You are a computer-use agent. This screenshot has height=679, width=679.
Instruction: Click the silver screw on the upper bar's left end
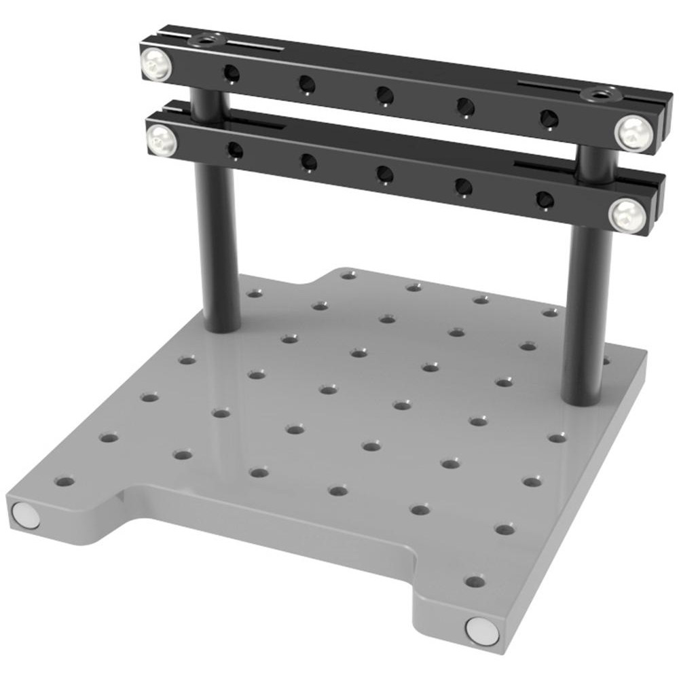point(156,66)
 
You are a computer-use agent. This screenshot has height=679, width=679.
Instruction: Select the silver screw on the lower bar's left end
point(162,140)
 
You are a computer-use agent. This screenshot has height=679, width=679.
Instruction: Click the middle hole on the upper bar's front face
point(385,95)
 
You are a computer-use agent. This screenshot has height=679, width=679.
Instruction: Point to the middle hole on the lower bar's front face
point(385,175)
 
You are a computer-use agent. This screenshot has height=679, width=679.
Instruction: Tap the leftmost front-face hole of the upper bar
point(232,71)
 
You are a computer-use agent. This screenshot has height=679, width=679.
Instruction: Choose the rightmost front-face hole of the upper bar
point(549,118)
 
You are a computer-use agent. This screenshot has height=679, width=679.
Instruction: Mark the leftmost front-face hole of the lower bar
point(235,149)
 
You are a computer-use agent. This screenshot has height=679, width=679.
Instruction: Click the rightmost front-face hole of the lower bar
point(545,200)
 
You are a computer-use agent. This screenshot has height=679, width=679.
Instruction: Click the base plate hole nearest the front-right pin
point(475,581)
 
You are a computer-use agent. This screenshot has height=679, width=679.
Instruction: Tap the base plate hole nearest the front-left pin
point(65,482)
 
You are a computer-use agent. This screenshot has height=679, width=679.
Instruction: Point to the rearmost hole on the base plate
point(348,275)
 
